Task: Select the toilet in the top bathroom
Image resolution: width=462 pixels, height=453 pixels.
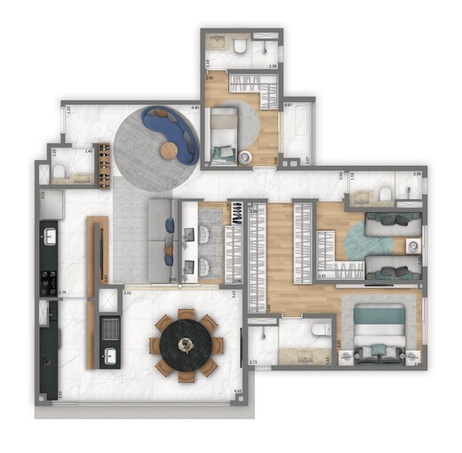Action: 242,43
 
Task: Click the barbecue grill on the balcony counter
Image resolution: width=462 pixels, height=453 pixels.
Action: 109,330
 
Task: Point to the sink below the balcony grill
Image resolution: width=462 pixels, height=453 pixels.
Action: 109,357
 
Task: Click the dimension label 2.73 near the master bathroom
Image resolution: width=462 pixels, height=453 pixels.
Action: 252,362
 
